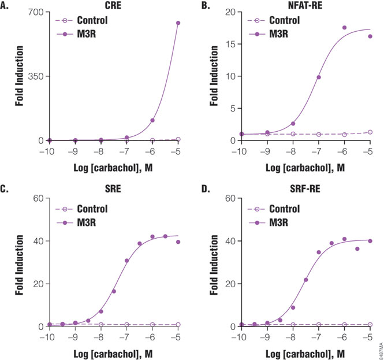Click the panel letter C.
(6, 191)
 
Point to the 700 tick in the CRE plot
(36, 12)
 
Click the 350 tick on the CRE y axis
(36, 76)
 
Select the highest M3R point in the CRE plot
(178, 23)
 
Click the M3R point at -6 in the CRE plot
(152, 120)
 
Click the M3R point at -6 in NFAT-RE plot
(344, 28)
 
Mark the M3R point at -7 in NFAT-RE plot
(319, 77)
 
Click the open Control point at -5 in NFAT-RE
(370, 132)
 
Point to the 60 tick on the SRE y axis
(38, 198)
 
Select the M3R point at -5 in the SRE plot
(178, 242)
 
